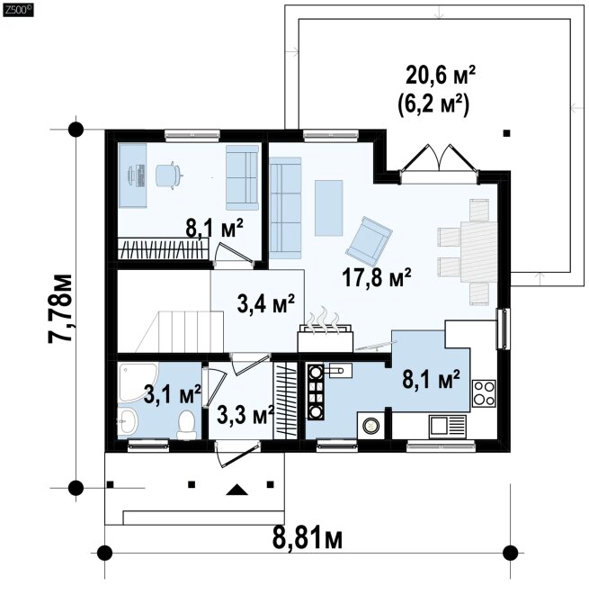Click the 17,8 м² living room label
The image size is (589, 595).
click(377, 277)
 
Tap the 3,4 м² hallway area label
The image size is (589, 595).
click(265, 303)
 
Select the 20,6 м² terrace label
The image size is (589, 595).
click(441, 75)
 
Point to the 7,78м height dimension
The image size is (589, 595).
click(60, 309)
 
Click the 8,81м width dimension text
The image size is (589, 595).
click(308, 538)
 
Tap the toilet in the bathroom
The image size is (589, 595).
click(186, 425)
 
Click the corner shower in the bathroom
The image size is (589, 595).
click(138, 383)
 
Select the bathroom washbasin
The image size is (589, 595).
click(128, 421)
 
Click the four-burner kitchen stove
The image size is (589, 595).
click(484, 393)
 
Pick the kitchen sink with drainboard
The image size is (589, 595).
click(448, 427)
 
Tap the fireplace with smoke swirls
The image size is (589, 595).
click(326, 330)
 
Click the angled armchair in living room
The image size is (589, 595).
click(369, 241)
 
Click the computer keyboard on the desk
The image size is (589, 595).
click(140, 176)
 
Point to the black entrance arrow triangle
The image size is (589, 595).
click(236, 490)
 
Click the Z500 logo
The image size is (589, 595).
click(18, 10)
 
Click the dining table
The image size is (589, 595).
click(479, 251)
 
